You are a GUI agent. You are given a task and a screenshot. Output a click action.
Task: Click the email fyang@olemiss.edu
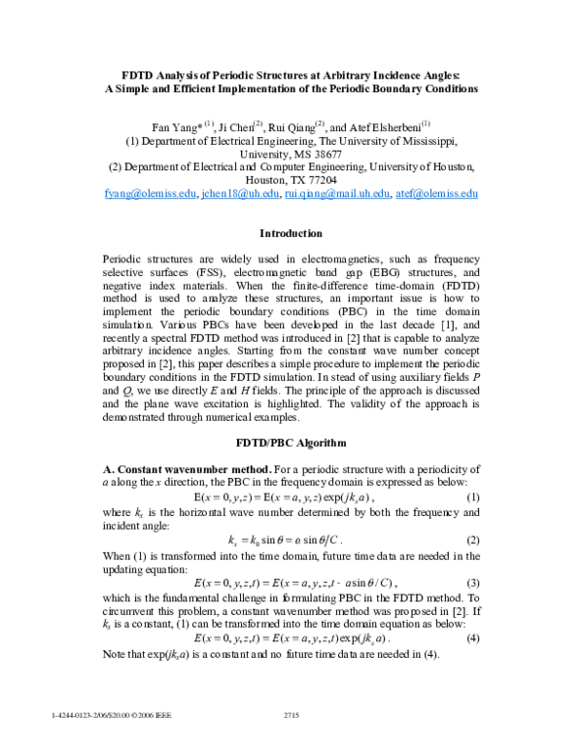coord(149,194)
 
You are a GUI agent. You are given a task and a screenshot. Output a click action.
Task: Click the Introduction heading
coord(291,233)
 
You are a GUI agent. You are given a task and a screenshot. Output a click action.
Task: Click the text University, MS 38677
coord(291,154)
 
